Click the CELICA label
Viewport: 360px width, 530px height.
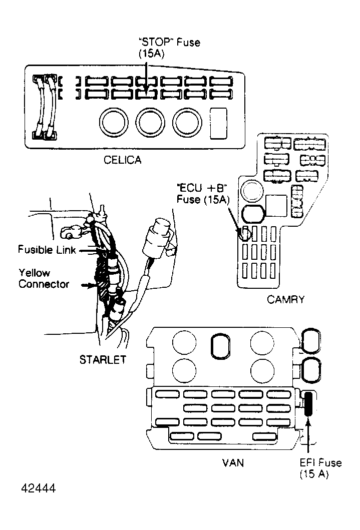(x=122, y=160)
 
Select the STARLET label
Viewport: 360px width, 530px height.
(x=102, y=359)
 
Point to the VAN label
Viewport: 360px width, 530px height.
(x=233, y=462)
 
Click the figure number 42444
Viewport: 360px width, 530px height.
(x=38, y=487)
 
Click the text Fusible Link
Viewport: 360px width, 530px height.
(x=47, y=249)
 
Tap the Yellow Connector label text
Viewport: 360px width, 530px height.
(x=44, y=279)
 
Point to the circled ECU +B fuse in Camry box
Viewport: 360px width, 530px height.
(x=245, y=233)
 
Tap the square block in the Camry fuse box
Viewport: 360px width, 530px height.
(x=275, y=206)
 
